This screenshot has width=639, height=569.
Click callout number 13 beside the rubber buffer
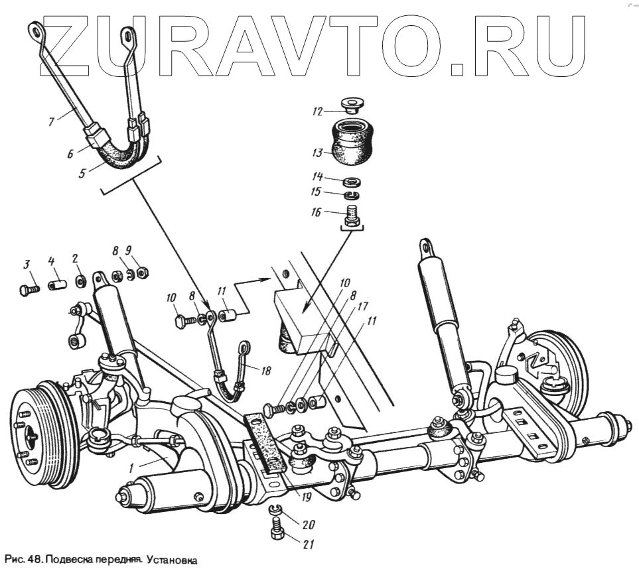[318, 153]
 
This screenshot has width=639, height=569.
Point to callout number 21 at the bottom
[307, 545]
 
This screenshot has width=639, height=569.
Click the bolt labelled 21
[277, 531]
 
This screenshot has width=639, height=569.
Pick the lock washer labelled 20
[276, 510]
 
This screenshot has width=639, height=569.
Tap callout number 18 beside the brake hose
[266, 371]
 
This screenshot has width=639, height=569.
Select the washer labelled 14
[352, 182]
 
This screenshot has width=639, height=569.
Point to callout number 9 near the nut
[128, 251]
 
